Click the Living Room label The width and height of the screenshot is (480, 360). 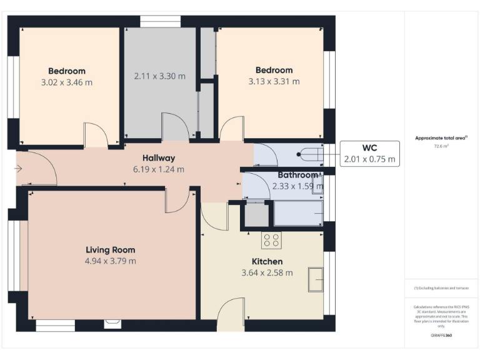111,249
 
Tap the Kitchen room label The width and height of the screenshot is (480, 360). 267,261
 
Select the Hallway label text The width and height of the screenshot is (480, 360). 158,158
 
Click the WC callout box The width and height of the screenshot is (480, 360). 370,154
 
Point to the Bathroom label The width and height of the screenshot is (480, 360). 298,175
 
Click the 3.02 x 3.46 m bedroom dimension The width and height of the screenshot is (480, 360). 67,82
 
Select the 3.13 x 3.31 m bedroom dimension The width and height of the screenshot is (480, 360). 274,81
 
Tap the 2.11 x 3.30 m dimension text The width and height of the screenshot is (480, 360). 160,76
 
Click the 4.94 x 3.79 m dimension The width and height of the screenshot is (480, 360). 111,261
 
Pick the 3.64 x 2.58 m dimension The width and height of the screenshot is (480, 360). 267,272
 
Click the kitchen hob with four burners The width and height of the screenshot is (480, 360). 271,239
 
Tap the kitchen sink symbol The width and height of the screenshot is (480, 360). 316,278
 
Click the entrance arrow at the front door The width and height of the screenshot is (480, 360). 18,168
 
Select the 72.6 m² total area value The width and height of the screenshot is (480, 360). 442,146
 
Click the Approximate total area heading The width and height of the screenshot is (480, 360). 441,138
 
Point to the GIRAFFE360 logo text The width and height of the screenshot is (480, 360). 441,336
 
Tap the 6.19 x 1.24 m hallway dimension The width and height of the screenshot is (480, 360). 158,169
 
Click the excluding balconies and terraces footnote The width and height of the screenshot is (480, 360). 441,288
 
